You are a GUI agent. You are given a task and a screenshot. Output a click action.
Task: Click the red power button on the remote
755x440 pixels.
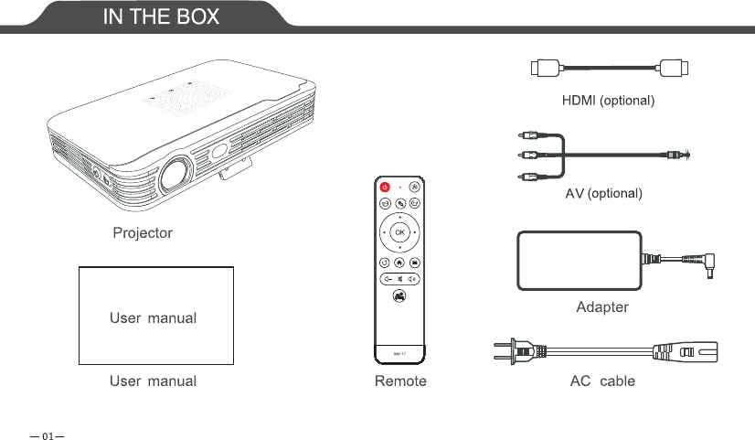385,188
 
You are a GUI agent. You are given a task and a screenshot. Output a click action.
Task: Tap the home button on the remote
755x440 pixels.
399,263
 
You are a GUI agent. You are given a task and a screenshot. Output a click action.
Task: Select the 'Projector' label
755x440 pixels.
142,233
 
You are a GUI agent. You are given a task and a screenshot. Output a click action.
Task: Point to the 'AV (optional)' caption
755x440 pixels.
604,194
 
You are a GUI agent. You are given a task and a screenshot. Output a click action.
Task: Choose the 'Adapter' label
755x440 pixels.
602,307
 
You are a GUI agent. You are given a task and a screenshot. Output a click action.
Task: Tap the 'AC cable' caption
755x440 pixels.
602,381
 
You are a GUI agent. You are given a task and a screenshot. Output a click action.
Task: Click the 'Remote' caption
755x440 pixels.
400,381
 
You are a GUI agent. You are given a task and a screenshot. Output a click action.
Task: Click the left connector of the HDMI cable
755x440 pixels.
546,67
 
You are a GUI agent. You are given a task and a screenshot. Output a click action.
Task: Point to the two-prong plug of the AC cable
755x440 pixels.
514,349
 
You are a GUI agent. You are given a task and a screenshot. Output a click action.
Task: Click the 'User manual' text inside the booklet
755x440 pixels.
154,318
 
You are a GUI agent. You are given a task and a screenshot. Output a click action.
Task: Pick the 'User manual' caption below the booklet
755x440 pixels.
154,381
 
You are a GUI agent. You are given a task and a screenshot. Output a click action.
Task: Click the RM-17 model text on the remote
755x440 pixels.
399,352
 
